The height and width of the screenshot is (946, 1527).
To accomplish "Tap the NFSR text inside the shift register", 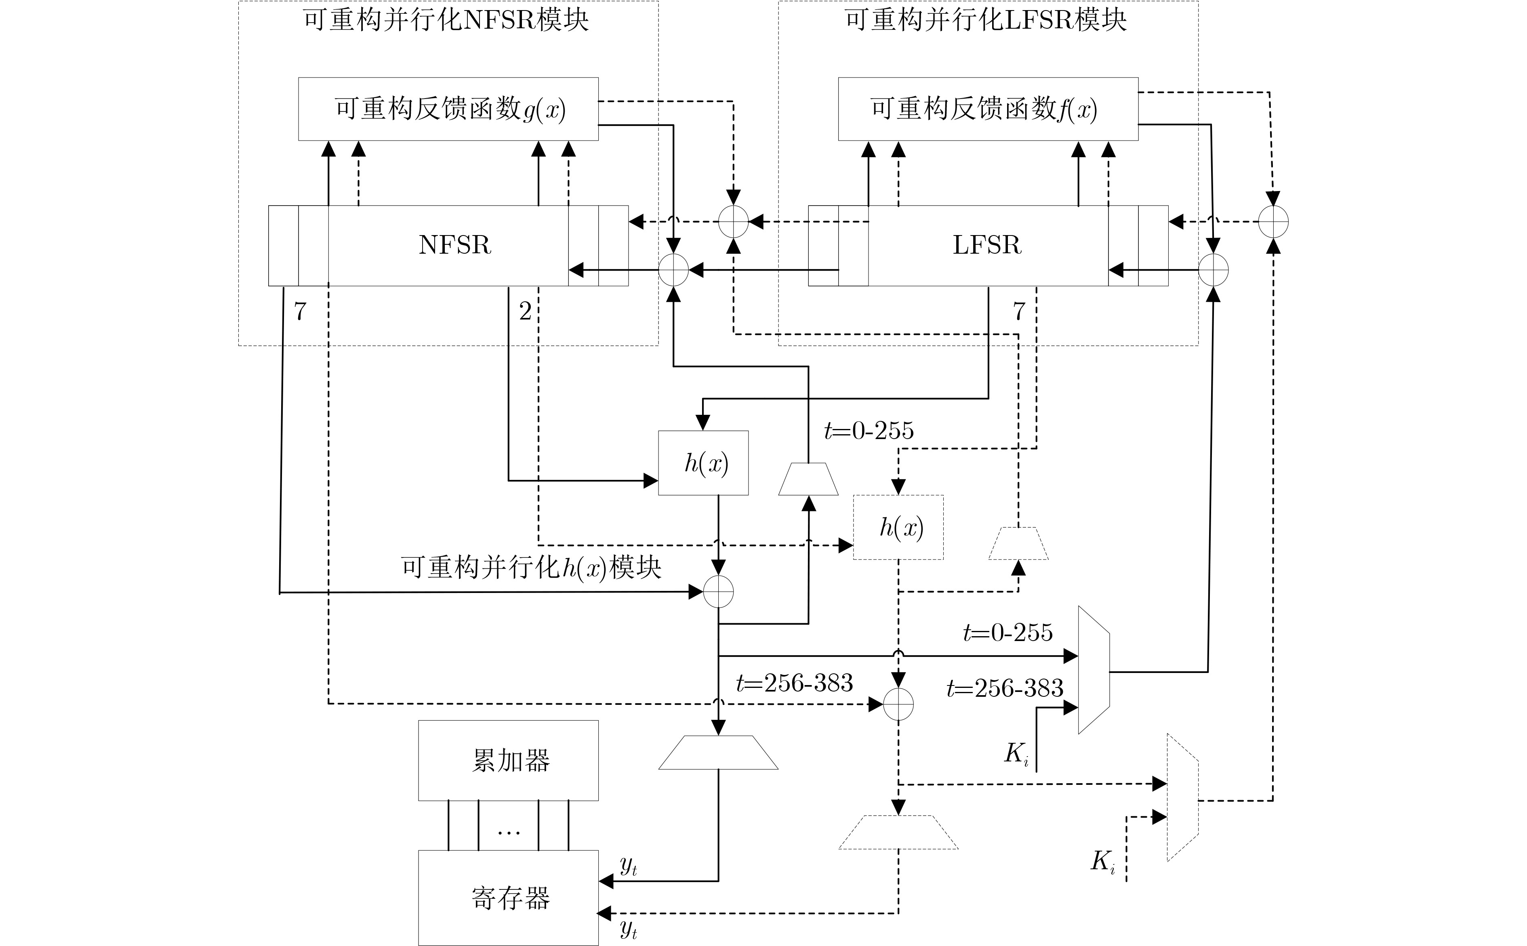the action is coord(455,245).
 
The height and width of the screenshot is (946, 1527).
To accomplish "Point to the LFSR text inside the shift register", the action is coord(987,245).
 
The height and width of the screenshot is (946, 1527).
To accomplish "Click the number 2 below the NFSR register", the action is coord(526,311).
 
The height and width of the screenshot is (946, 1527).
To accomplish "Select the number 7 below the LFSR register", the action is coord(1019,311).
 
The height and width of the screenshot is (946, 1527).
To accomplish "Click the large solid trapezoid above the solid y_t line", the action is coord(718,752).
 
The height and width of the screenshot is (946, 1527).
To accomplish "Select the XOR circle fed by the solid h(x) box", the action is coord(718,592).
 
